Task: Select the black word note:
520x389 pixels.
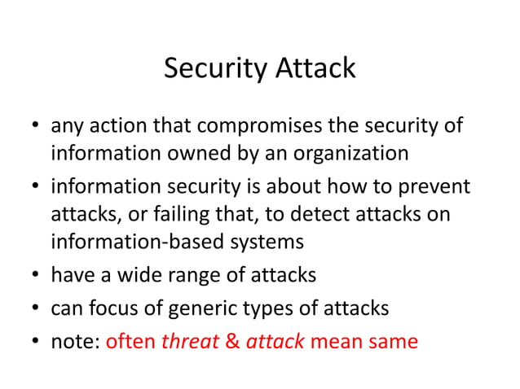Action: point(76,340)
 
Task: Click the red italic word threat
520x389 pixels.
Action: point(190,340)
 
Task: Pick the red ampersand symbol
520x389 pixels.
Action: point(232,340)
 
